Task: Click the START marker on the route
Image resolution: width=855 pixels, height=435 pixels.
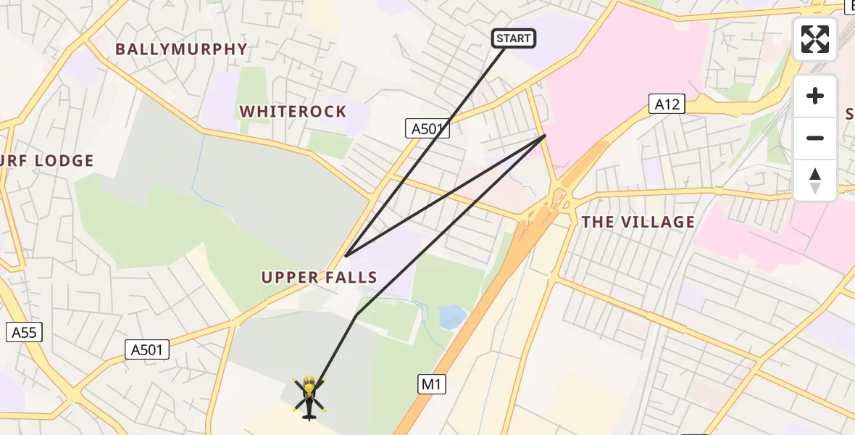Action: tap(514, 38)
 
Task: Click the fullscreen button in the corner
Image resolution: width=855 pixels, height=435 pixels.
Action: tap(815, 39)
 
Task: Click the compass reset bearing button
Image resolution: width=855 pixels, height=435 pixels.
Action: tap(815, 181)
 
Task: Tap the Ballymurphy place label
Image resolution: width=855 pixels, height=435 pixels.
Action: tap(181, 49)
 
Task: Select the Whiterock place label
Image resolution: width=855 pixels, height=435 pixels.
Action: tap(293, 112)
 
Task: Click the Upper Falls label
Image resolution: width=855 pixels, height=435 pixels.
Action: tap(319, 277)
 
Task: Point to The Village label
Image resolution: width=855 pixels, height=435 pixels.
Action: tap(638, 222)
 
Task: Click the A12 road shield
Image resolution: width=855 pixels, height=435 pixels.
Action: tap(667, 104)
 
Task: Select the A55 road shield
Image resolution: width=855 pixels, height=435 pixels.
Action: tap(24, 333)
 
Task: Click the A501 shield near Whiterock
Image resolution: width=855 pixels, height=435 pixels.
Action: tap(427, 129)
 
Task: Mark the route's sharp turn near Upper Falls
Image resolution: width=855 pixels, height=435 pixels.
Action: tap(346, 255)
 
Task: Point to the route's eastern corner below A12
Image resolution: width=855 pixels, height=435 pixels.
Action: tap(545, 135)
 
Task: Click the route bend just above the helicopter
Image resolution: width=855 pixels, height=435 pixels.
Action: tap(356, 315)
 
